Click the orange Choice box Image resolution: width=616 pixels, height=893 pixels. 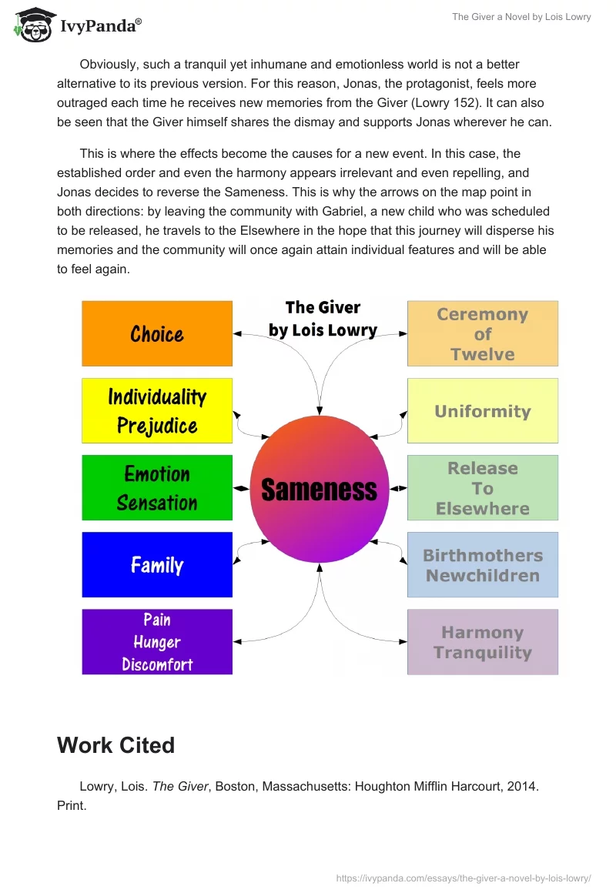[x=157, y=333]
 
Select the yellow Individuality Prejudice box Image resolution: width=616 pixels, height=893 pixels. [x=157, y=410]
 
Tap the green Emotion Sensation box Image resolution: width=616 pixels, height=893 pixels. [x=157, y=487]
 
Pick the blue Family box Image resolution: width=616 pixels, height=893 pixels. [x=157, y=564]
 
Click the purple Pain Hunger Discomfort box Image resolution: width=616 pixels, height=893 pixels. [x=157, y=641]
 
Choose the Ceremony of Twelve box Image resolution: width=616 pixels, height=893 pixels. [x=482, y=333]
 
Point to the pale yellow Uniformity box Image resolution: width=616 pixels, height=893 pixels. [x=482, y=410]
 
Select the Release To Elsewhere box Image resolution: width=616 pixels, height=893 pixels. [x=482, y=487]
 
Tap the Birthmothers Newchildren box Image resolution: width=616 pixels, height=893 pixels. [x=482, y=564]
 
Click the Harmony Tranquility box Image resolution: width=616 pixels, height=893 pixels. [x=482, y=641]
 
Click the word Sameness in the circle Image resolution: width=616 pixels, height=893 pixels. [x=320, y=490]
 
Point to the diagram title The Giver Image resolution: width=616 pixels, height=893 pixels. [x=323, y=307]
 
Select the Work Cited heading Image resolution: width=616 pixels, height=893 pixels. [x=115, y=744]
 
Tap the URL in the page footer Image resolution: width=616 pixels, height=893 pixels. [x=464, y=877]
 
